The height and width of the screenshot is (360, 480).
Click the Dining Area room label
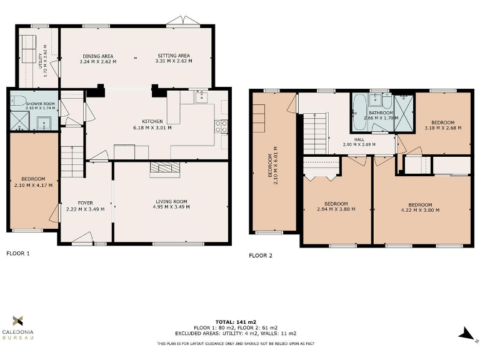click(98, 59)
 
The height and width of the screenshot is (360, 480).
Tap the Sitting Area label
click(173, 59)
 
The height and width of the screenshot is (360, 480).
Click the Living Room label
click(171, 204)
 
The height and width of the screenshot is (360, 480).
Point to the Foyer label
click(85, 206)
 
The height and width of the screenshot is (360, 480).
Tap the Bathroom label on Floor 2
click(380, 115)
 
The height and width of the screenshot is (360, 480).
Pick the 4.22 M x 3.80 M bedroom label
click(420, 207)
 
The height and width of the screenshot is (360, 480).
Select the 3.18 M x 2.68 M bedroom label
click(442, 125)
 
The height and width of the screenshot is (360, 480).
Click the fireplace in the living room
click(164, 168)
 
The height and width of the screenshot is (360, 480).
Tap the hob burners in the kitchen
click(221, 127)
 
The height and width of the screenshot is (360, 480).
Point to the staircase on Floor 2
click(315, 132)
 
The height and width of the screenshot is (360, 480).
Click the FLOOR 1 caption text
click(18, 254)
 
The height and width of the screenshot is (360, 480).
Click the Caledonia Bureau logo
click(19, 327)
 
